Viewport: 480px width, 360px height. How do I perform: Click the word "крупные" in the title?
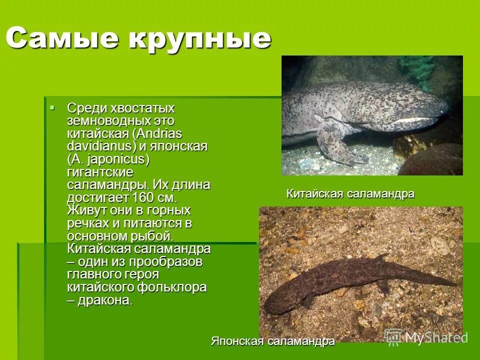[x=200, y=39]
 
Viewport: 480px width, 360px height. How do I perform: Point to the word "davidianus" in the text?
[x=97, y=147]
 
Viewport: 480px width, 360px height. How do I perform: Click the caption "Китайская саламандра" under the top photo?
[x=350, y=193]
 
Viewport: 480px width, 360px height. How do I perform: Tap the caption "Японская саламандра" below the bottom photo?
[x=272, y=341]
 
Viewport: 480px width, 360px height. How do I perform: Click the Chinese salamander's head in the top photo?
[x=425, y=105]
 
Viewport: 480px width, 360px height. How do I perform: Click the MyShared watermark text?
[x=435, y=337]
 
